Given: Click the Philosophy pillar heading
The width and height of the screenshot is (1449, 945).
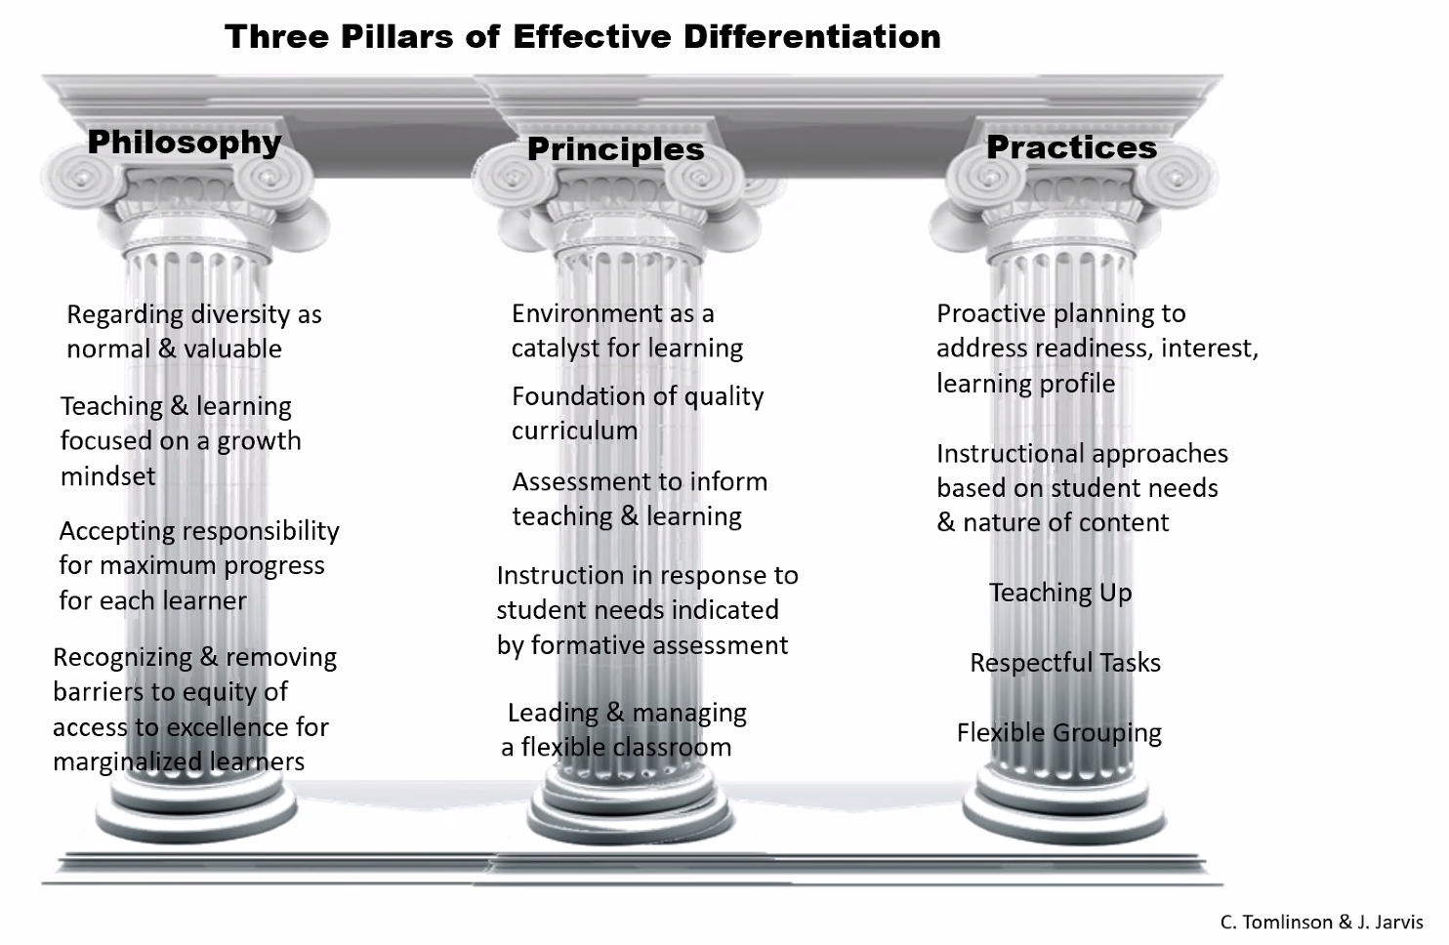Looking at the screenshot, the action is (x=185, y=143).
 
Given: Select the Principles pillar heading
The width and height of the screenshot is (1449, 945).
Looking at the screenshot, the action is (x=615, y=149).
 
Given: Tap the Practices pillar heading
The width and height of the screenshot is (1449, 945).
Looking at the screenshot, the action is (x=1071, y=147).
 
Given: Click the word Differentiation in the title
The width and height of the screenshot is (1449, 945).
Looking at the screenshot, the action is (x=811, y=37).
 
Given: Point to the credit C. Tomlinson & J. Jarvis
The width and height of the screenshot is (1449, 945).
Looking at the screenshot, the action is (x=1321, y=922).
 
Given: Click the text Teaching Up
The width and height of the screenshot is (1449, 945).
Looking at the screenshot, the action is (x=1060, y=593).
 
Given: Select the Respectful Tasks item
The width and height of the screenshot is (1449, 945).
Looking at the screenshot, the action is (x=1065, y=663).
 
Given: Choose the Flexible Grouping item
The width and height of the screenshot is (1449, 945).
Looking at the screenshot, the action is (x=1059, y=733).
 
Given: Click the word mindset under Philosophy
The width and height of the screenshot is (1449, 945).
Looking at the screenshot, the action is (x=107, y=476).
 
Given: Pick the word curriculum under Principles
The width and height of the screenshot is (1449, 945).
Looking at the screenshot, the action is (x=574, y=431).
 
